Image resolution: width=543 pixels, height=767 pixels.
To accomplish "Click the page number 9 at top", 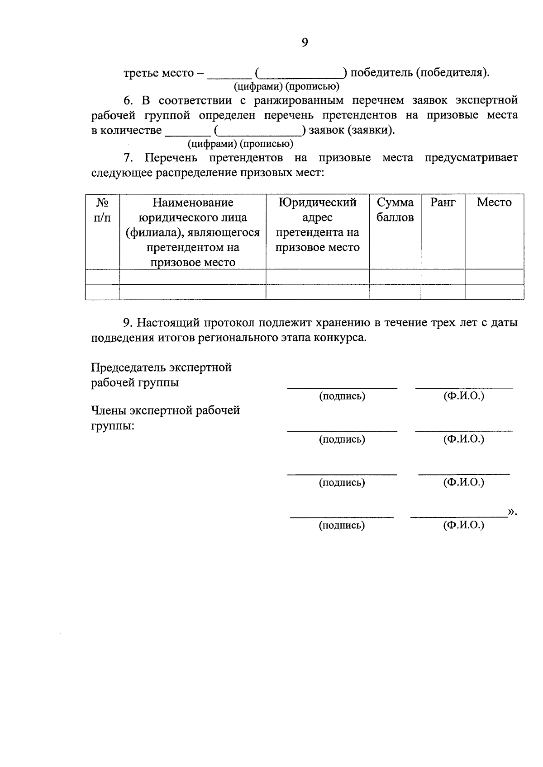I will coord(305,42).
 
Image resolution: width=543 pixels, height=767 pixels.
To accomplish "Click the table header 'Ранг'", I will coord(443,202).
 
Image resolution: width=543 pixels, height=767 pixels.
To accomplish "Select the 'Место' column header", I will coord(494,202).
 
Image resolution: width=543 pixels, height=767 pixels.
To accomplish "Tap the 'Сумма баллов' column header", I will coord(395,210).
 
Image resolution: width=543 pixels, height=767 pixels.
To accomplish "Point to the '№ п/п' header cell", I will coord(102,210).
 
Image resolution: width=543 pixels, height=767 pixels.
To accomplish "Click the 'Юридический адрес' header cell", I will coord(317,210).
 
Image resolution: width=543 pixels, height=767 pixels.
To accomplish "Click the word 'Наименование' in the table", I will coord(193,202).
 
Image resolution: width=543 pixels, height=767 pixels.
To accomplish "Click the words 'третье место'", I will coord(158,73).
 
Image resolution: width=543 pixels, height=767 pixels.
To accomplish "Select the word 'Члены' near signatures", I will coord(109,410).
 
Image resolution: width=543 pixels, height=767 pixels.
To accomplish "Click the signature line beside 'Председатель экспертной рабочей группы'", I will coord(342,387).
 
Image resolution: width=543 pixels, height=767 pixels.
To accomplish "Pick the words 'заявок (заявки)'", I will coord(351,131).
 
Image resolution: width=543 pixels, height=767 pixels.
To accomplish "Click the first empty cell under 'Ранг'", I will coord(443,277).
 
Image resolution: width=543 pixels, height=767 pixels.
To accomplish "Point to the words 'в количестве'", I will coord(126,131).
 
